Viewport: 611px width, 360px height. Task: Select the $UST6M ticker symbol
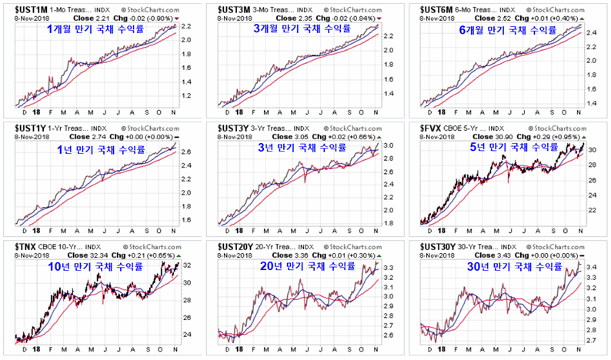[440, 9]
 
